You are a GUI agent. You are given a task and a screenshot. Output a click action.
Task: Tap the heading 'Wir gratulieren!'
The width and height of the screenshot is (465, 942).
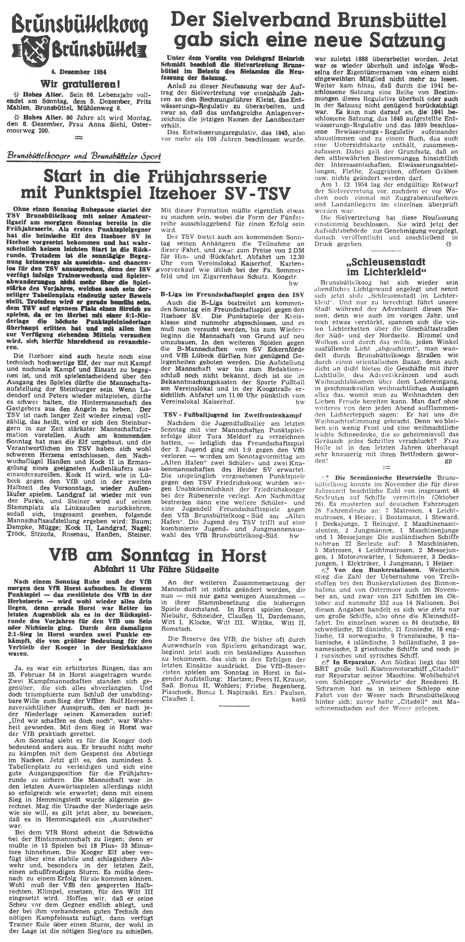click(x=81, y=84)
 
